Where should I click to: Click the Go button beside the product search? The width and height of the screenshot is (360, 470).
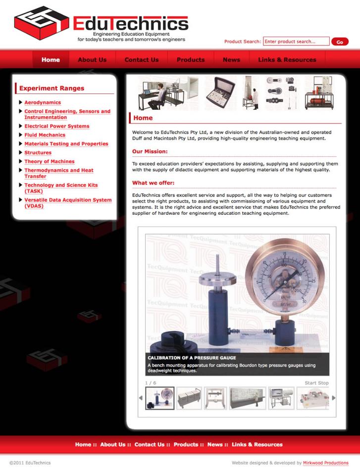pos(340,42)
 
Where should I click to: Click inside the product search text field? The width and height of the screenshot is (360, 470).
pos(296,42)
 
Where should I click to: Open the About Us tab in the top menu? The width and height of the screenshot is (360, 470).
pos(92,60)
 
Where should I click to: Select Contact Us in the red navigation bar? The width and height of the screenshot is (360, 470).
pos(142,60)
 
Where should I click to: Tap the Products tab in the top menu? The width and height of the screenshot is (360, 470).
pos(191,60)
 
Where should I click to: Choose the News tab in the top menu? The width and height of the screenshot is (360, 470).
pos(232,60)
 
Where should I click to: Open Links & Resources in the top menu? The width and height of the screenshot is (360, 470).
pos(287,60)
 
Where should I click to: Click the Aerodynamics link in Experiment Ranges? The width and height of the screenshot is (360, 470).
pos(43,102)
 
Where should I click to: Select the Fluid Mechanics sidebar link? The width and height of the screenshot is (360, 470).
pos(45,135)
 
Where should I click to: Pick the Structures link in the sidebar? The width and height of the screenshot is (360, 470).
pos(38,152)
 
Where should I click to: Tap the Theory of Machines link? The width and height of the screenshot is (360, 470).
pos(50,161)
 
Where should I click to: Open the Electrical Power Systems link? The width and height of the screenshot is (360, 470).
pos(57,126)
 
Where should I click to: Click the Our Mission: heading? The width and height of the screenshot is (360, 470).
pos(150,151)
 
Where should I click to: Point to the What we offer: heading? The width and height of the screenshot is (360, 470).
pos(153,183)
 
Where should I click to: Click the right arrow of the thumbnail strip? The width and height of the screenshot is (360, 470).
pos(334,398)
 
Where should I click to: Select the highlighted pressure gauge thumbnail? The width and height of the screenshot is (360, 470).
pos(159,398)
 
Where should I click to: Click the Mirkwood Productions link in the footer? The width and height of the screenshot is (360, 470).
pos(326,463)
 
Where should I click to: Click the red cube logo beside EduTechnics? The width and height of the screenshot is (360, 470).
pos(42,23)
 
